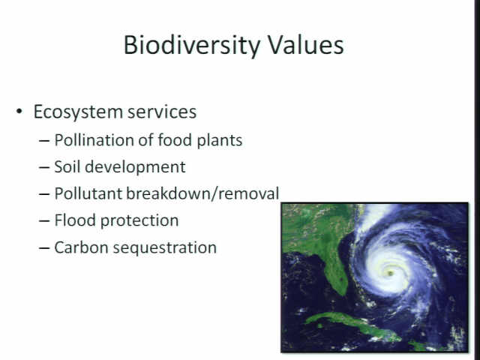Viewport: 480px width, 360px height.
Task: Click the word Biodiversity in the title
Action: tap(192, 46)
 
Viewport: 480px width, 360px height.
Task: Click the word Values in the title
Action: tap(306, 45)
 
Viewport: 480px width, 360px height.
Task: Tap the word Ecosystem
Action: tap(78, 112)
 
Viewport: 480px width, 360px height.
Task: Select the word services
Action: tap(162, 112)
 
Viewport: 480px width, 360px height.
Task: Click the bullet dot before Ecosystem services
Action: tap(19, 111)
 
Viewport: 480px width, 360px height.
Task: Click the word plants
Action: tap(220, 140)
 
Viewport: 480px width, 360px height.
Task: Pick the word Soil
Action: tap(67, 166)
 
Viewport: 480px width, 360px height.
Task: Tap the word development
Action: tap(135, 167)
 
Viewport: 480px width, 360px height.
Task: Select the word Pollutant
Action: tap(88, 193)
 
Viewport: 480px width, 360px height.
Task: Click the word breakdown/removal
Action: tap(202, 193)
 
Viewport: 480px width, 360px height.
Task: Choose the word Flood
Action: tap(75, 220)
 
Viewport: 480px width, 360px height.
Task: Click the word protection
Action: tap(139, 221)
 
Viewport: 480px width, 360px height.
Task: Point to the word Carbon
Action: tap(81, 247)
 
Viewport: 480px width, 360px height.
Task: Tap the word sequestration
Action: tap(165, 248)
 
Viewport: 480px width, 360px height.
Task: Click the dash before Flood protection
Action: tap(44, 221)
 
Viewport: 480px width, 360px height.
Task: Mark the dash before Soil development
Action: tap(44, 167)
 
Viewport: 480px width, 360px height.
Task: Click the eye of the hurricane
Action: tap(390, 273)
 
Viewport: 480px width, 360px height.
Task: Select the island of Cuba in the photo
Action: tap(352, 326)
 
